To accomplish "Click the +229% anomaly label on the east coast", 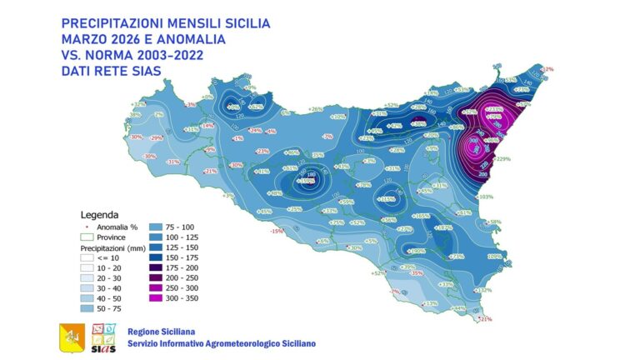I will (502, 159).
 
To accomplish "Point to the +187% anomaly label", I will (444, 227).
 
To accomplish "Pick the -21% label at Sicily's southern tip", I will (487, 318).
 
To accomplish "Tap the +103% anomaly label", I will (487, 197).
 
